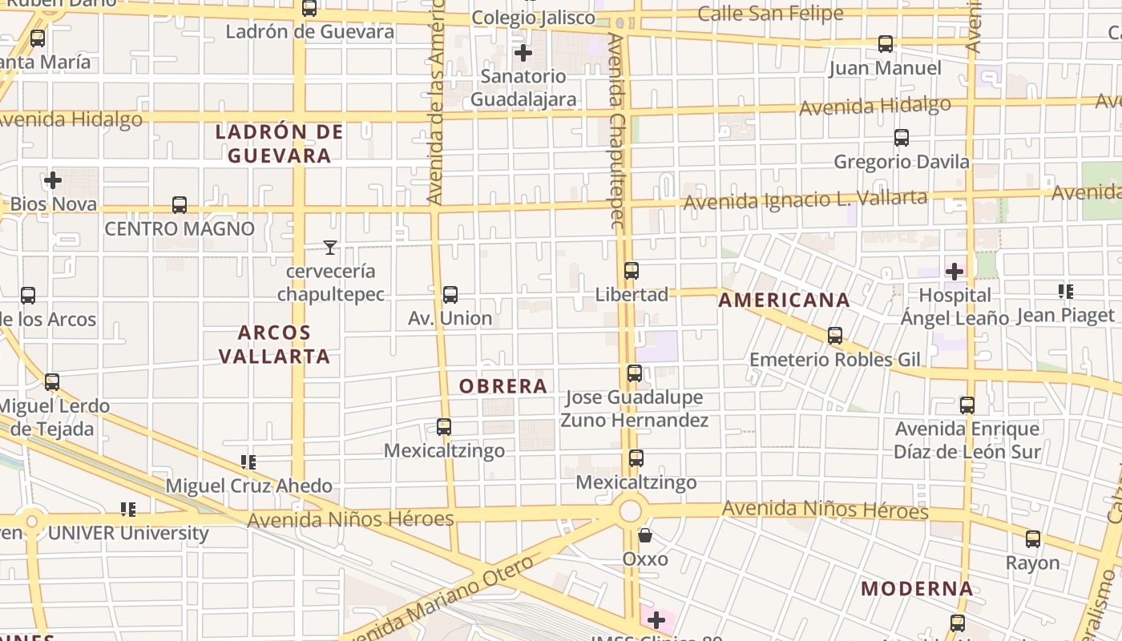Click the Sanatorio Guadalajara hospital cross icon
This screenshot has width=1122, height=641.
(x=523, y=53)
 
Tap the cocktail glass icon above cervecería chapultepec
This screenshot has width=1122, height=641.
(x=329, y=248)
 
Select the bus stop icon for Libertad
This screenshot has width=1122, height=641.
(x=632, y=271)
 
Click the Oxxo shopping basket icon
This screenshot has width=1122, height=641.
(x=645, y=534)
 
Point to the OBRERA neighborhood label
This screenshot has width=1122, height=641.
(x=503, y=386)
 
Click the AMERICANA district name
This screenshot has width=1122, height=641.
(x=784, y=300)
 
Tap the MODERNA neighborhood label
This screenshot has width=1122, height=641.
(x=917, y=589)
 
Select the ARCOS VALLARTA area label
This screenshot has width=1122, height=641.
(x=274, y=345)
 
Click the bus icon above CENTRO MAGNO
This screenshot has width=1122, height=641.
(x=180, y=205)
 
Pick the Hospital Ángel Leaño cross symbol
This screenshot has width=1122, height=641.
(x=954, y=271)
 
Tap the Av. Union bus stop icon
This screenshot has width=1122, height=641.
(x=450, y=295)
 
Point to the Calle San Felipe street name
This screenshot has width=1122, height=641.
(x=770, y=14)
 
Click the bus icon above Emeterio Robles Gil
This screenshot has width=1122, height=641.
(x=835, y=336)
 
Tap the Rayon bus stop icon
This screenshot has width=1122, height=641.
(x=1033, y=539)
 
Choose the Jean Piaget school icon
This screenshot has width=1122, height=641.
(x=1065, y=292)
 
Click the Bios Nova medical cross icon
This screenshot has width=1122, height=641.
(x=53, y=180)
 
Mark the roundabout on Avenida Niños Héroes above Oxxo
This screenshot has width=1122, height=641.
(x=632, y=510)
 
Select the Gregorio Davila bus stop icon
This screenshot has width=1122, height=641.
(x=902, y=138)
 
